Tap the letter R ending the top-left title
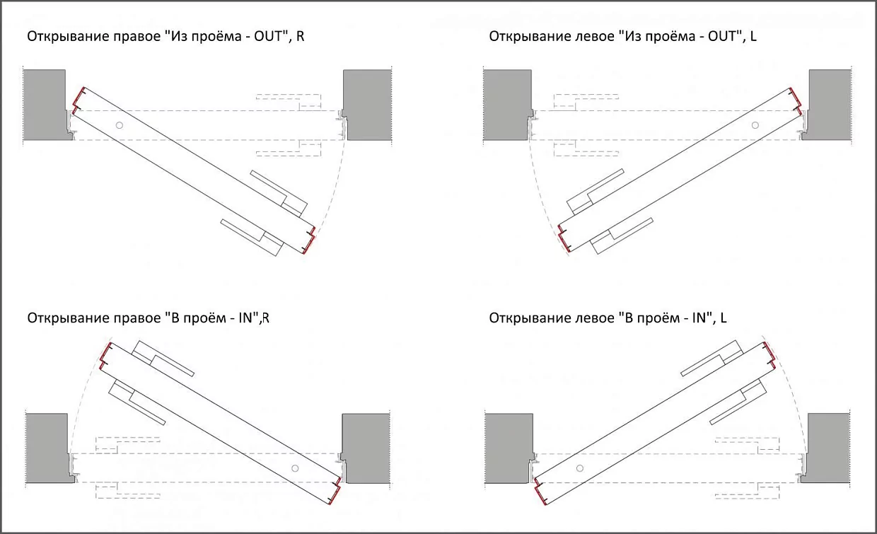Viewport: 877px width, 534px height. pos(301,36)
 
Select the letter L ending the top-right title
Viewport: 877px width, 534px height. pos(753,36)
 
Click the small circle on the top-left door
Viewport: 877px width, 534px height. pos(120,125)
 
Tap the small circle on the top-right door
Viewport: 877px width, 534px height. pos(755,125)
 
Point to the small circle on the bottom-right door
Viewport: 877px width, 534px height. pos(579,468)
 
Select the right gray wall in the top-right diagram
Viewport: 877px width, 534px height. pos(830,103)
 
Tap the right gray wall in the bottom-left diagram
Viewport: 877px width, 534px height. pos(366,447)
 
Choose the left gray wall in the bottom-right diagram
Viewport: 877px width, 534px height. pos(507,447)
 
